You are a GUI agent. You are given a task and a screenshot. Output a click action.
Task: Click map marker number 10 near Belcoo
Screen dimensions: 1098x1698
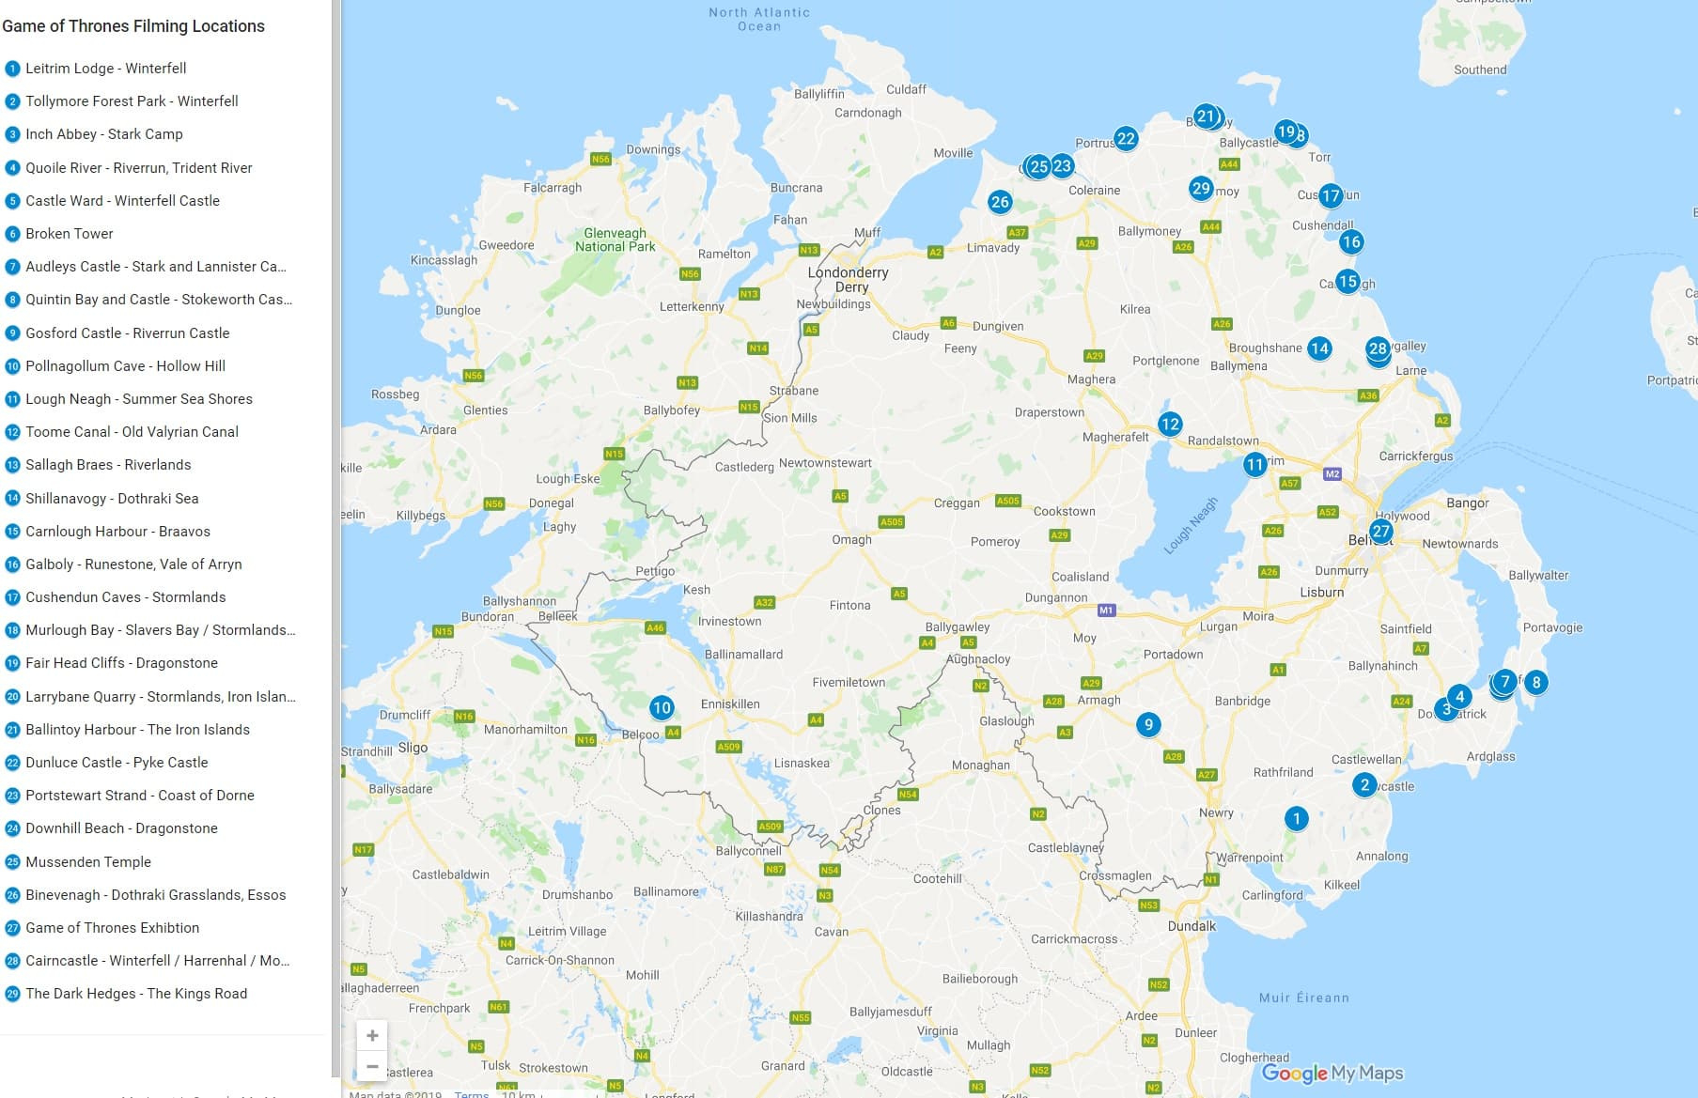click(x=662, y=707)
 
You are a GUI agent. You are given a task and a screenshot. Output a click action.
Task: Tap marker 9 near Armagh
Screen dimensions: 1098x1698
click(x=1147, y=724)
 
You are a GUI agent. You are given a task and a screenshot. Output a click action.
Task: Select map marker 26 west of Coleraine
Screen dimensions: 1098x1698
click(x=1000, y=201)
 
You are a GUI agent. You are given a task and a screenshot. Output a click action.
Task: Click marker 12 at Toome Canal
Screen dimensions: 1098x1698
click(x=1169, y=424)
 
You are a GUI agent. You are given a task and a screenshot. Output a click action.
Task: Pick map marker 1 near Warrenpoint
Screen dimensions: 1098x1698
click(x=1296, y=818)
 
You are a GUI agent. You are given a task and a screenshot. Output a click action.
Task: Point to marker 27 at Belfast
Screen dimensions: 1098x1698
click(x=1380, y=531)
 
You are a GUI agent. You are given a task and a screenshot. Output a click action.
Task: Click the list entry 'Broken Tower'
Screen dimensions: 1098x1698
click(x=69, y=234)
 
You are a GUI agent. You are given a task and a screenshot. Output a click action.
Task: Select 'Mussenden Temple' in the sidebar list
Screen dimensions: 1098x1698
click(x=87, y=862)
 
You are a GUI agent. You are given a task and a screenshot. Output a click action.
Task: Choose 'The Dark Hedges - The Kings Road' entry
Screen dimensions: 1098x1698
click(x=136, y=994)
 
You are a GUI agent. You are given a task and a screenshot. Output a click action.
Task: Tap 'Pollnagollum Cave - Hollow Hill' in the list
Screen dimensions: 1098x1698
click(x=125, y=366)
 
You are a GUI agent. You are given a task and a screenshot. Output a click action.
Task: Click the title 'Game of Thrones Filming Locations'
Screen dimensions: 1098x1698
click(x=133, y=26)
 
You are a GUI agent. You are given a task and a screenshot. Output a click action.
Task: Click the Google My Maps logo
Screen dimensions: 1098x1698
click(x=1332, y=1073)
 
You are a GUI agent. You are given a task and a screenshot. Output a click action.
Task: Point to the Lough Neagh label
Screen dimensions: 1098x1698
click(x=1191, y=525)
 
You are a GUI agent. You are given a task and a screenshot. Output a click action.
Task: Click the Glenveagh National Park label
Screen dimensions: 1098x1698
click(x=615, y=240)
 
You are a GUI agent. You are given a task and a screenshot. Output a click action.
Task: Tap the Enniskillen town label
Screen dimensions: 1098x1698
click(x=730, y=704)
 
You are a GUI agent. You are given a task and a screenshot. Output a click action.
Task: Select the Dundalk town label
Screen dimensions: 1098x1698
click(x=1191, y=925)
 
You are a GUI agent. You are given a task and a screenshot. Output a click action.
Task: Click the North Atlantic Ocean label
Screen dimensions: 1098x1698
click(x=759, y=19)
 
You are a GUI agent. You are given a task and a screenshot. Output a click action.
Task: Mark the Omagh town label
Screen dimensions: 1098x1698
click(x=851, y=539)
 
